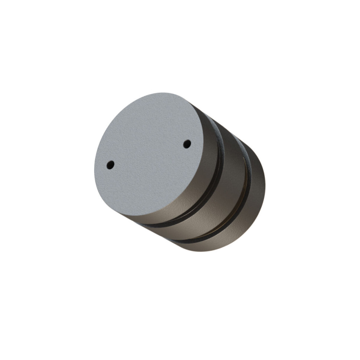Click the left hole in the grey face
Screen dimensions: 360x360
(x=110, y=165)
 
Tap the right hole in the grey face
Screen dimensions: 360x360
(x=187, y=144)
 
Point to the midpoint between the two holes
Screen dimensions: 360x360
(x=148, y=154)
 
